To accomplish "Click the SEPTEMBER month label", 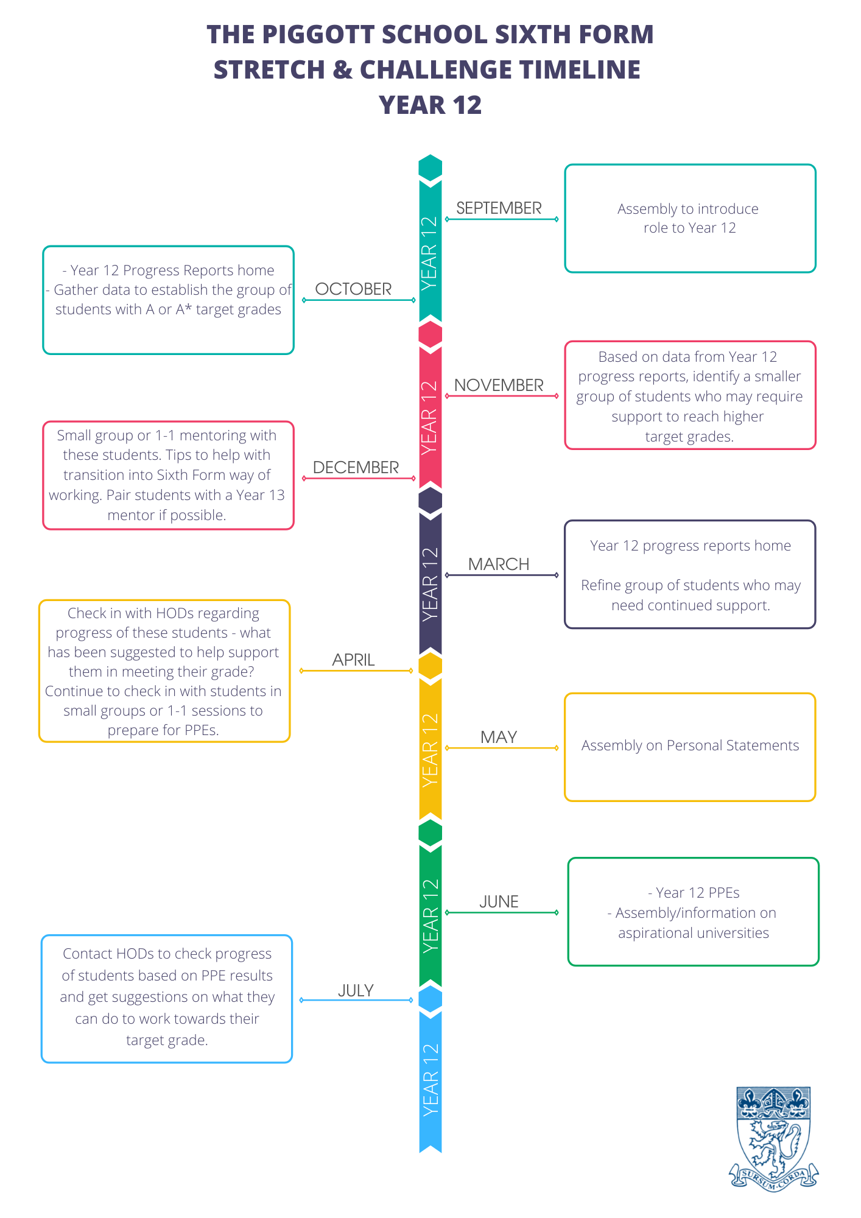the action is pyautogui.click(x=499, y=208).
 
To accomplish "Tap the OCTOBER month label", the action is pyautogui.click(x=353, y=289).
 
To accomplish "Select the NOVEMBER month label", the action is pyautogui.click(x=499, y=385).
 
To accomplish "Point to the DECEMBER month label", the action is pyautogui.click(x=356, y=468).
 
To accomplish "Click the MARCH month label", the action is pyautogui.click(x=499, y=565).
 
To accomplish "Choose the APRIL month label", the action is pyautogui.click(x=353, y=660).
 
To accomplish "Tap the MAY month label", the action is pyautogui.click(x=499, y=737).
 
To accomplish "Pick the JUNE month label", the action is pyautogui.click(x=499, y=902).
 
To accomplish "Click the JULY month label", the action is pyautogui.click(x=356, y=991).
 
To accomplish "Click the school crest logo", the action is pyautogui.click(x=773, y=1138).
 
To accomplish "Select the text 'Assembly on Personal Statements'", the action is pyautogui.click(x=690, y=745).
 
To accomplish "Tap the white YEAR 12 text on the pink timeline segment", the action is pyautogui.click(x=430, y=418).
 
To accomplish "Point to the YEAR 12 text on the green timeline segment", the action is pyautogui.click(x=430, y=916).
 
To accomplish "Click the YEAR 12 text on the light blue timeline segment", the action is pyautogui.click(x=430, y=1080).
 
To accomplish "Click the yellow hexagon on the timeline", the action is pyautogui.click(x=430, y=666).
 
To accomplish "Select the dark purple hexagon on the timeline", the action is pyautogui.click(x=430, y=500).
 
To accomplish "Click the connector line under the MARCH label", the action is pyautogui.click(x=502, y=575).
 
